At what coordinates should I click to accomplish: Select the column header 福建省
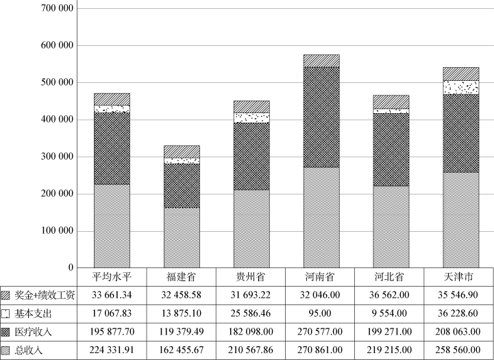pyautogui.click(x=182, y=276)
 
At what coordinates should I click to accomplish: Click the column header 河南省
pyautogui.click(x=321, y=276)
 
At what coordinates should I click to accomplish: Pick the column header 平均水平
pyautogui.click(x=112, y=276)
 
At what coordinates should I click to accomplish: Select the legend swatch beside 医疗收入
pyautogui.click(x=7, y=333)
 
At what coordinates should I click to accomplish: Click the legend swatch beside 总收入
pyautogui.click(x=7, y=351)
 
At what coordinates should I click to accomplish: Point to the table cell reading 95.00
pyautogui.click(x=321, y=314)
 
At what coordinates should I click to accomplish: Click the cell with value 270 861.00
pyautogui.click(x=321, y=351)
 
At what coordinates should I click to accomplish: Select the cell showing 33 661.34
pyautogui.click(x=112, y=296)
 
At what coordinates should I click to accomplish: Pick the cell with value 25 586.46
pyautogui.click(x=251, y=314)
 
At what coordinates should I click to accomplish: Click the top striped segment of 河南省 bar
pyautogui.click(x=321, y=60)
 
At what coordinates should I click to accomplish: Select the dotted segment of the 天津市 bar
pyautogui.click(x=460, y=87)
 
